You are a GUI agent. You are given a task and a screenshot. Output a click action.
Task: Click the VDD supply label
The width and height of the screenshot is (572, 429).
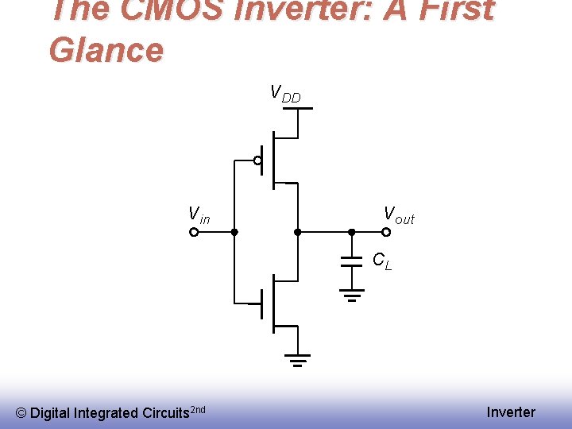tap(285, 95)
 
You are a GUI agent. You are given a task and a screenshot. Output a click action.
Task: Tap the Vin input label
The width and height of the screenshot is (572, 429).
tap(199, 214)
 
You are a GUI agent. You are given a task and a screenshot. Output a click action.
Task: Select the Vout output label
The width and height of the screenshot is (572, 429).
tap(399, 214)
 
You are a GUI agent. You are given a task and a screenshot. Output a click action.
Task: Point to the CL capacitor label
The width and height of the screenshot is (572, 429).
tap(382, 260)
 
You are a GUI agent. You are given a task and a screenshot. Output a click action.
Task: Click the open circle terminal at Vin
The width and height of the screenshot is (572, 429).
tap(194, 233)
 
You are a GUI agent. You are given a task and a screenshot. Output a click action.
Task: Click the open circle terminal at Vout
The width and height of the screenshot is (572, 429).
tap(386, 233)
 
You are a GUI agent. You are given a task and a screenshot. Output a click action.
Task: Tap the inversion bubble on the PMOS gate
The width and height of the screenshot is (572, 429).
tap(257, 160)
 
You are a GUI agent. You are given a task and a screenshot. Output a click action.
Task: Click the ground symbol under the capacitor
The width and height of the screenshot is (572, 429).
tap(351, 296)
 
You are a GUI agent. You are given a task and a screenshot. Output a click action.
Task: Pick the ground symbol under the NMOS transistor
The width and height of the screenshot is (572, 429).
tap(297, 361)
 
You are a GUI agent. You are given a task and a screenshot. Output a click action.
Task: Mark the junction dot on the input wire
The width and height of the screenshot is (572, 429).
tap(234, 233)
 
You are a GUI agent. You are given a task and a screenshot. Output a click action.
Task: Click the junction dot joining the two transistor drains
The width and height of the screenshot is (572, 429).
tap(297, 233)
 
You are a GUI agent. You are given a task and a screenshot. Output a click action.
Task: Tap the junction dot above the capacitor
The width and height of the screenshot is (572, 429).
tap(351, 233)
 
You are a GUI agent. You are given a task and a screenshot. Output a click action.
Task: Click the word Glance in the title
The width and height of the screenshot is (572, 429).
tap(106, 49)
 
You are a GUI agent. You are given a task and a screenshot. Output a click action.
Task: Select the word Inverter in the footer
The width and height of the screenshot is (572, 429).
tap(511, 412)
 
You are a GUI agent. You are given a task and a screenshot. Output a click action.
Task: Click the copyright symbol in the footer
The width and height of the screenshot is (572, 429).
tap(21, 413)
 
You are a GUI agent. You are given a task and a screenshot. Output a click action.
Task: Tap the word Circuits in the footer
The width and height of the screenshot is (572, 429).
tap(165, 413)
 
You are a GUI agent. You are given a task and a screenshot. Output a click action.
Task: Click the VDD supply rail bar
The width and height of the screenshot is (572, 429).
tap(297, 108)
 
